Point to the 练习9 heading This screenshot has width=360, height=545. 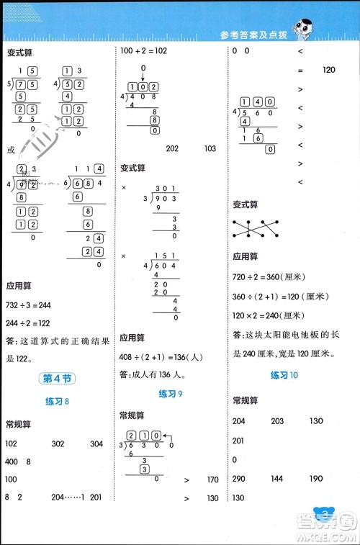pyautogui.click(x=171, y=393)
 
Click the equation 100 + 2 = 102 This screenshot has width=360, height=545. pyautogui.click(x=144, y=50)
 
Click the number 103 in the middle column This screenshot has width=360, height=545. pyautogui.click(x=210, y=149)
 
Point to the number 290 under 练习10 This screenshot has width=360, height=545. pyautogui.click(x=240, y=479)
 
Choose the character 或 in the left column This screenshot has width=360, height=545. pyautogui.click(x=10, y=150)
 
